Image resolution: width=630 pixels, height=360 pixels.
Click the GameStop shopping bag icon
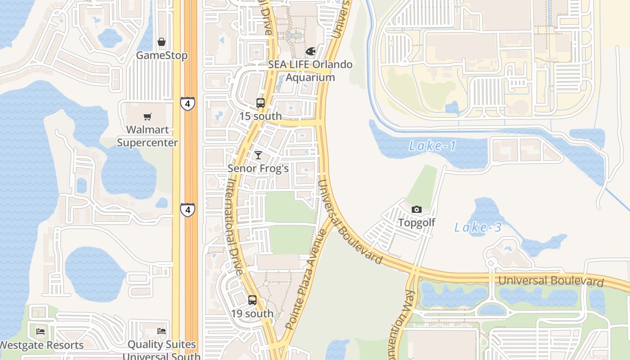point(162,42)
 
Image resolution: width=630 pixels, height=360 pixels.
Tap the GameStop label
point(162,55)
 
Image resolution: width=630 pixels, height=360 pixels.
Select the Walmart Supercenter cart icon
point(147,117)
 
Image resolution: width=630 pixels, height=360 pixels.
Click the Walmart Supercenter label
point(148,136)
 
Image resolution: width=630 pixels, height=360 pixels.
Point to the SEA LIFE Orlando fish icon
point(310,51)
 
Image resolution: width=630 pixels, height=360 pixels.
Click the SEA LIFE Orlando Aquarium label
point(310,71)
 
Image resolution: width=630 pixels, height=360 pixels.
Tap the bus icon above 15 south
point(261,103)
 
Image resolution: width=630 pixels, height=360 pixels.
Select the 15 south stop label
point(261,116)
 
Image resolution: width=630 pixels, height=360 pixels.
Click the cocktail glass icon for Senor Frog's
point(258,155)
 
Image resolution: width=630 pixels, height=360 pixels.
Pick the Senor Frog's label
point(258,168)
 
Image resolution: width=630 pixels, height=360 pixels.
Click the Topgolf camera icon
point(417,209)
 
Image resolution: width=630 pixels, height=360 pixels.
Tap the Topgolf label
point(417,223)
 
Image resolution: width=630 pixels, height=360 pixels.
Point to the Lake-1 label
point(432,146)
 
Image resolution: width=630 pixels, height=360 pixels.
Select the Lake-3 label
point(478,227)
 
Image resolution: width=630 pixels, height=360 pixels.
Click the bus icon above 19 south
point(252,300)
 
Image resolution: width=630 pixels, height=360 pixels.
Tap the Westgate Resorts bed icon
point(40,332)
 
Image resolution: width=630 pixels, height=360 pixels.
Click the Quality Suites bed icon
point(162,331)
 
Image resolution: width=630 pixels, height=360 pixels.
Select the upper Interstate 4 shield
point(188,103)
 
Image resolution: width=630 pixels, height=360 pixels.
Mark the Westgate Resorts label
point(42,345)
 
